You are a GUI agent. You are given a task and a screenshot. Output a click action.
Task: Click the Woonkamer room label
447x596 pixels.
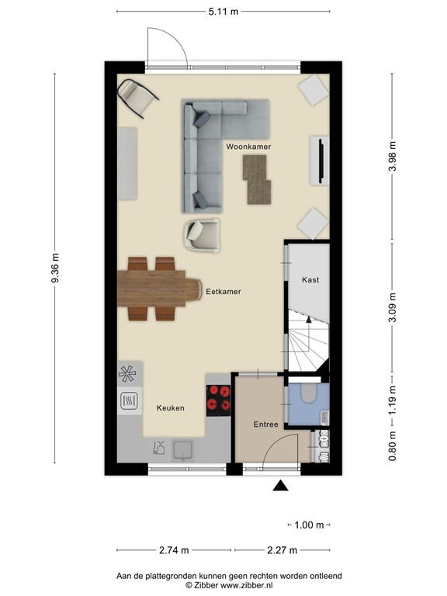(248, 146)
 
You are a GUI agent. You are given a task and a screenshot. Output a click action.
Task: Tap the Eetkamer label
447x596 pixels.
(223, 292)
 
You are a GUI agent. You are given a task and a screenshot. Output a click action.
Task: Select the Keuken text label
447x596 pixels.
(171, 407)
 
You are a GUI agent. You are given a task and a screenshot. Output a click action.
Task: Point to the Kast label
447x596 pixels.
(310, 279)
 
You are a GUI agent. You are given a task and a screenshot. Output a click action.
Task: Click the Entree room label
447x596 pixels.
(265, 424)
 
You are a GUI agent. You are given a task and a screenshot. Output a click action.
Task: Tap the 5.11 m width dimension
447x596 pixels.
(223, 12)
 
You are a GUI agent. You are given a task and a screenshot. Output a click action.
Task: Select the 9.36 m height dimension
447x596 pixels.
(55, 268)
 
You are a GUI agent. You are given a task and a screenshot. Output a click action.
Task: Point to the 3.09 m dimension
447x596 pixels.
(392, 307)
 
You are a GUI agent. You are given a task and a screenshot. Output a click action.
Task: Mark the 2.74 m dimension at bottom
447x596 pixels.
(174, 551)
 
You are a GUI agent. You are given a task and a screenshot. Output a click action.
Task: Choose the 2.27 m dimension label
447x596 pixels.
(282, 551)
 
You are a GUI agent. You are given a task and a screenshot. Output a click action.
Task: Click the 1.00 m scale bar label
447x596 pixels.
(309, 525)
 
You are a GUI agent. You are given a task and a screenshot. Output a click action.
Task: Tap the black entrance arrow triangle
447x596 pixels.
(280, 486)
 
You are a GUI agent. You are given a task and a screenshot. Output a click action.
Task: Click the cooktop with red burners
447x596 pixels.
(218, 397)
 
